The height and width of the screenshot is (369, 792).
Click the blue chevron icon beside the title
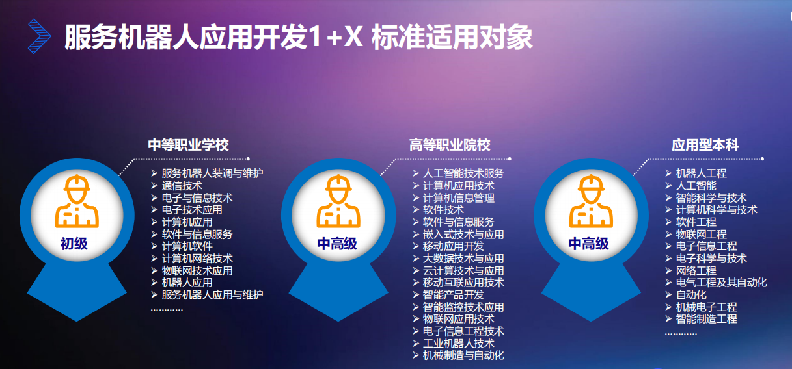click(39, 36)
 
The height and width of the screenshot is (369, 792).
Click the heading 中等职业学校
click(189, 145)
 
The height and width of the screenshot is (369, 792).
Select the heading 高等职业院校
click(450, 145)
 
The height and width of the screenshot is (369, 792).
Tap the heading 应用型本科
click(705, 145)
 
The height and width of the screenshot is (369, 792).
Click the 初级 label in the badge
click(74, 244)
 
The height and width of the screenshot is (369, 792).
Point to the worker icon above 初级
click(77, 201)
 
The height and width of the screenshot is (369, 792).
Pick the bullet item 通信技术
click(182, 186)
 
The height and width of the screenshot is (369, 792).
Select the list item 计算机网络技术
click(197, 259)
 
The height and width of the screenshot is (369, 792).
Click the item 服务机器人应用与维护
click(213, 295)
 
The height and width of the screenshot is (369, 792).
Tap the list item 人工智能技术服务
click(463, 173)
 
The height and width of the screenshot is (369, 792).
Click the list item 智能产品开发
click(454, 295)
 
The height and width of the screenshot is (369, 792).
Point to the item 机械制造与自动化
click(463, 355)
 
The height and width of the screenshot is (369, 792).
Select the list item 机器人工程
click(701, 173)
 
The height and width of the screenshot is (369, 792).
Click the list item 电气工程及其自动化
click(721, 283)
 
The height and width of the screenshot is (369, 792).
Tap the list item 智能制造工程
click(707, 319)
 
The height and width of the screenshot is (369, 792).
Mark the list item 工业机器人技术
click(458, 343)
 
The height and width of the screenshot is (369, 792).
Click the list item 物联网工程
click(701, 234)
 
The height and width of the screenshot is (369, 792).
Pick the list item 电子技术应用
click(192, 210)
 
